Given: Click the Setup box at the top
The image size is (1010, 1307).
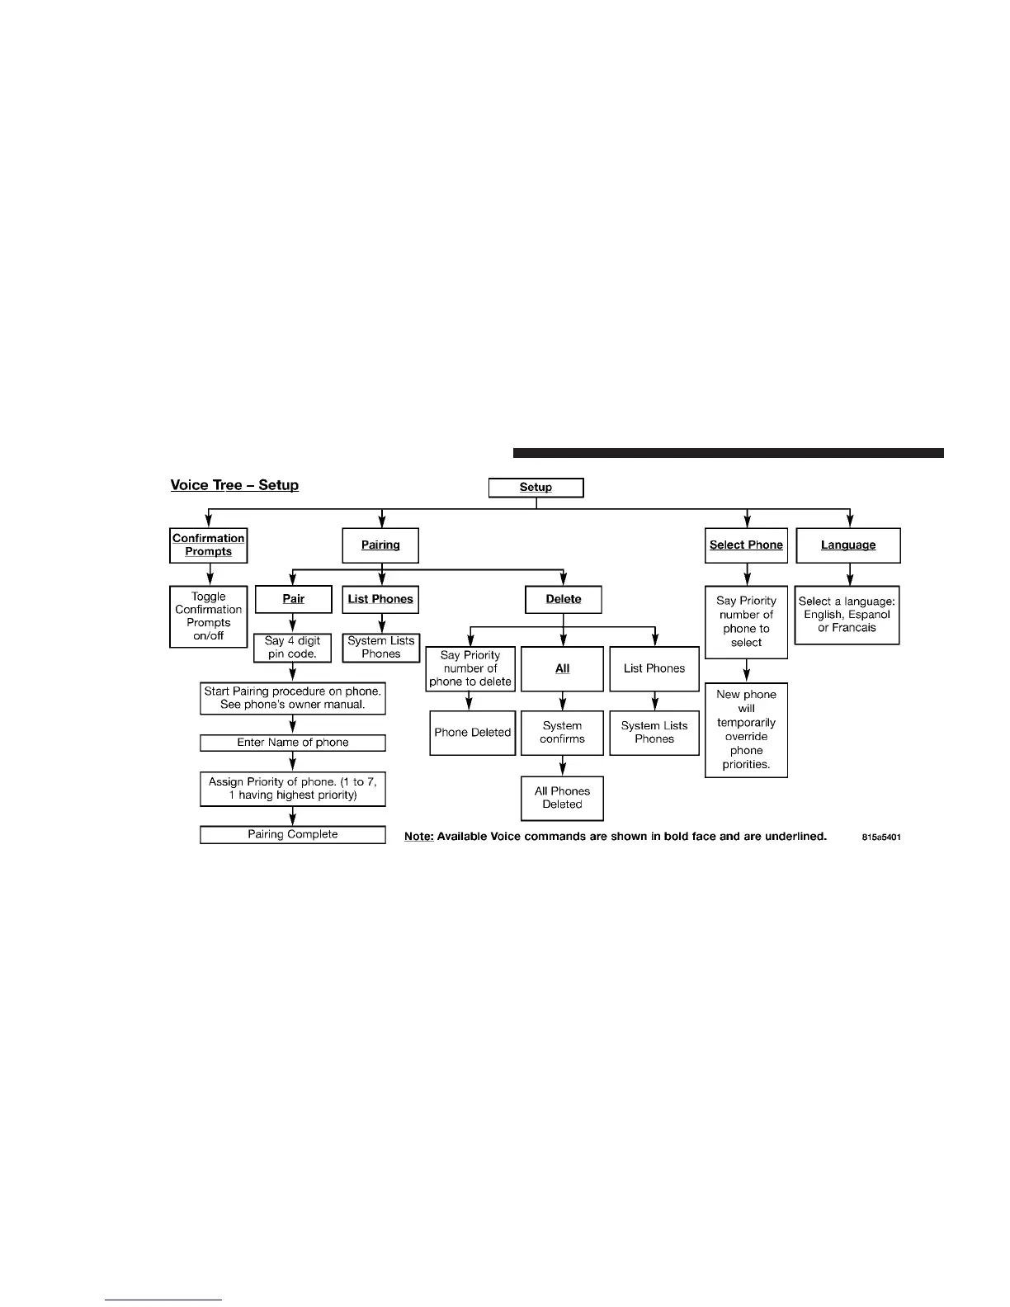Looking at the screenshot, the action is point(536,488).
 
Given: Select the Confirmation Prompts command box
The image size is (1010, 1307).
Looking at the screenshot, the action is point(209,545).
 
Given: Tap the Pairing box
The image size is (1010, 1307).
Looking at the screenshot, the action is point(380,545).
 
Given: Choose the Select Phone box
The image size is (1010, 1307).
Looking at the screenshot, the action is point(746,545).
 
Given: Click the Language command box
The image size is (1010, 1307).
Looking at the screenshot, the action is point(848,545).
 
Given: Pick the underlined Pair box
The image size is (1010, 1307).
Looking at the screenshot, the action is point(294,599).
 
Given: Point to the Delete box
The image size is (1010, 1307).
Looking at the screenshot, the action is point(564,599).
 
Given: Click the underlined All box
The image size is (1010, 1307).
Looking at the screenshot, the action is point(563,668).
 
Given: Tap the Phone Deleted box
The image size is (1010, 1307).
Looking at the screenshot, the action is point(473,733).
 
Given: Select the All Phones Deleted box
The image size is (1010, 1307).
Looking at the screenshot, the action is point(563,798).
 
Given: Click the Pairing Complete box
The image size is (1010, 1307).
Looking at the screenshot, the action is point(293,835).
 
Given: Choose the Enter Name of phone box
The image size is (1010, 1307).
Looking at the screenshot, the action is point(293,743).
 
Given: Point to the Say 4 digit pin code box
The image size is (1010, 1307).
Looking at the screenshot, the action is point(293,647).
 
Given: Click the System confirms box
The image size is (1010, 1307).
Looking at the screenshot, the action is point(563,733).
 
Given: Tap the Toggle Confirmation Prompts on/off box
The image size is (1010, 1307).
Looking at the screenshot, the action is point(209,616).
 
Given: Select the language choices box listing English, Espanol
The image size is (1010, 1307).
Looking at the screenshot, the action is point(847,615).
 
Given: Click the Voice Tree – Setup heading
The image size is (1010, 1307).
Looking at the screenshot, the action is point(234,485).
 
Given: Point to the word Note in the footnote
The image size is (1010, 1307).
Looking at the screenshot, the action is point(418,837).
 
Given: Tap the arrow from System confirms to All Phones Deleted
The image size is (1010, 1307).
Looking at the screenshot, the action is point(563,766).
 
